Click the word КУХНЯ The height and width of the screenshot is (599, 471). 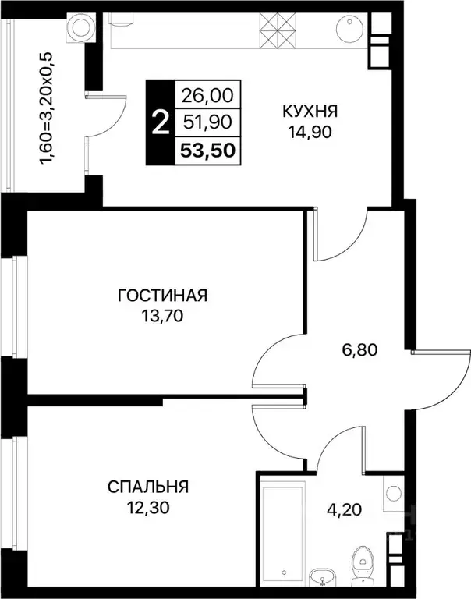pyautogui.click(x=310, y=112)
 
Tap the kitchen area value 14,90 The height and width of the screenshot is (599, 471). pyautogui.click(x=310, y=132)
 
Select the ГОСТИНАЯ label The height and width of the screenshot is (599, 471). pyautogui.click(x=163, y=296)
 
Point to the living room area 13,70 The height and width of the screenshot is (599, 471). pyautogui.click(x=163, y=316)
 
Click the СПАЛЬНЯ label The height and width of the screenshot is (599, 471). pyautogui.click(x=148, y=487)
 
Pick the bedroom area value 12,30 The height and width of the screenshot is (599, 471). pyautogui.click(x=148, y=508)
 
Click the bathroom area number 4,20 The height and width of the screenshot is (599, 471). pyautogui.click(x=344, y=509)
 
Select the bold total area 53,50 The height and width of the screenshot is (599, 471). pyautogui.click(x=207, y=151)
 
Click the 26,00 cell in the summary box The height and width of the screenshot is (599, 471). pyautogui.click(x=207, y=95)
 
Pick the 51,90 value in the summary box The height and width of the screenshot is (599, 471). pyautogui.click(x=207, y=122)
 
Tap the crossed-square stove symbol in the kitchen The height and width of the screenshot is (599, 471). pyautogui.click(x=278, y=30)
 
